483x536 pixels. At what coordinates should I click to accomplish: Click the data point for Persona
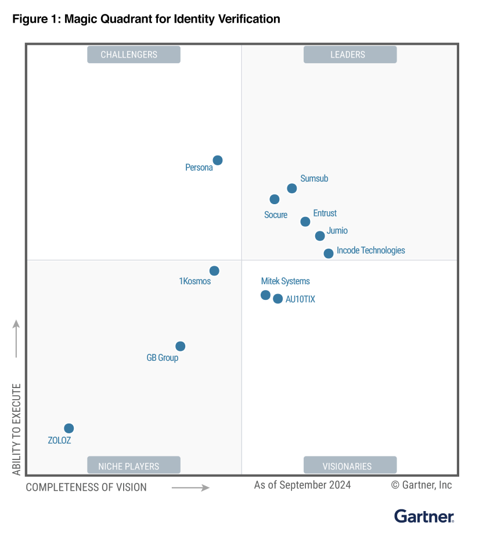[x=218, y=160]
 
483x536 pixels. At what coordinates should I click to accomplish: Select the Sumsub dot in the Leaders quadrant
[x=292, y=189]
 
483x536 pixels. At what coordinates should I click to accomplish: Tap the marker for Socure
[x=275, y=200]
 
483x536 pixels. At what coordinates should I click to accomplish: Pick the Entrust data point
[x=305, y=222]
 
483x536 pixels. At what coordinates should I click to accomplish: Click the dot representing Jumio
[x=320, y=236]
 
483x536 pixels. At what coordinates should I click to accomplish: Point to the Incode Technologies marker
[x=329, y=253]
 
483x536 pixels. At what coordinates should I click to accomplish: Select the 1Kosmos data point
[x=214, y=271]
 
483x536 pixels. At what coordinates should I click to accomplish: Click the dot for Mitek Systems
[x=265, y=295]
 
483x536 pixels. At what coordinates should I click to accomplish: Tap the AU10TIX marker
[x=278, y=299]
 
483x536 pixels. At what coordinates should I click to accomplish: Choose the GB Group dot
[x=181, y=346]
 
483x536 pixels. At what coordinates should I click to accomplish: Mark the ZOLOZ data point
[x=69, y=429]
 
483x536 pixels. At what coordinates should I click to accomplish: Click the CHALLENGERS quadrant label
[x=134, y=55]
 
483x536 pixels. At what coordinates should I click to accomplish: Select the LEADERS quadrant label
[x=349, y=55]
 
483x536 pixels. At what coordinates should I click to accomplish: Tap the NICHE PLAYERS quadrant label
[x=134, y=466]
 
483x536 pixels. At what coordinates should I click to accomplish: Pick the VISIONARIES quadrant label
[x=349, y=466]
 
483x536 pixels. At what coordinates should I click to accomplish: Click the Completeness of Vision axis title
[x=86, y=487]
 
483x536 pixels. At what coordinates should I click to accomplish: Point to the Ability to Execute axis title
[x=16, y=429]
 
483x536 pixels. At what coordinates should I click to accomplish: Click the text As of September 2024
[x=302, y=485]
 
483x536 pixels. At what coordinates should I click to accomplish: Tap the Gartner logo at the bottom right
[x=424, y=516]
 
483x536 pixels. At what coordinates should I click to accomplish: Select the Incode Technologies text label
[x=371, y=251]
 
